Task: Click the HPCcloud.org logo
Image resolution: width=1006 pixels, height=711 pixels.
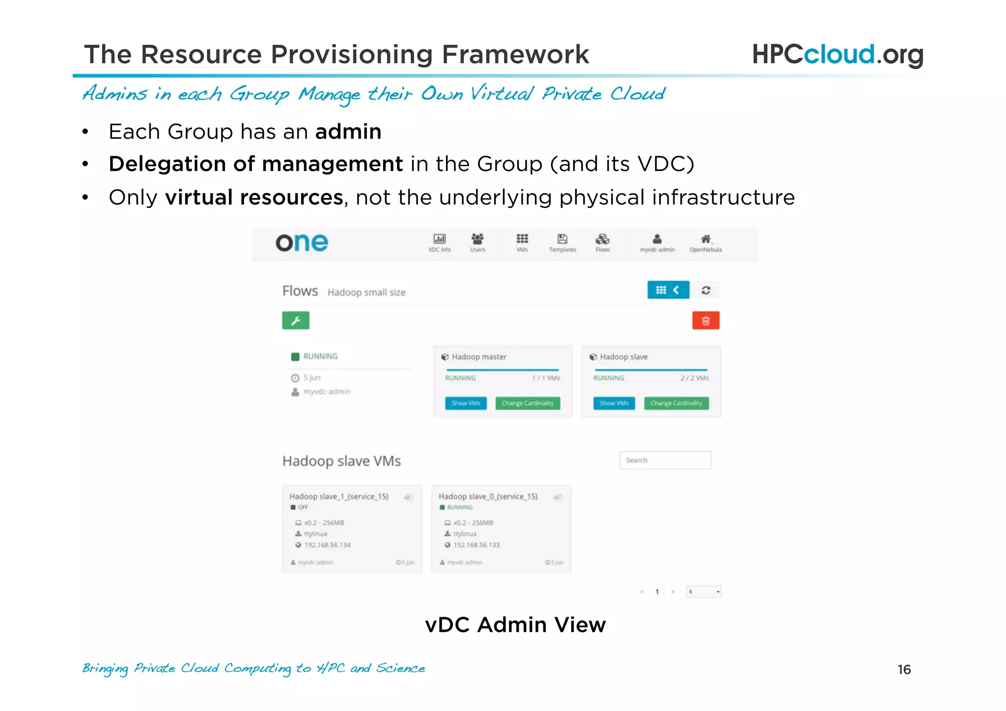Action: pos(837,54)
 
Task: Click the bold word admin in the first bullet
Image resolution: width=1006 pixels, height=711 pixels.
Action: pos(348,132)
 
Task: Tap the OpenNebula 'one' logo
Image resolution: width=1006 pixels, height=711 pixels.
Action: pos(302,243)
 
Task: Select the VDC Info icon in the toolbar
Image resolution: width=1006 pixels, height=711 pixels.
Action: pos(439,239)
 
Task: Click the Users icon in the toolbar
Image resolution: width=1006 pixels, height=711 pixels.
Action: pos(477,239)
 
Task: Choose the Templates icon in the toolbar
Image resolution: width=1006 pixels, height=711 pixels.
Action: pos(562,239)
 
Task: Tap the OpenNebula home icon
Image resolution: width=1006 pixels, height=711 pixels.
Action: pos(705,239)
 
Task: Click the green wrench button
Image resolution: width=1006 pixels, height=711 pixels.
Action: pos(296,320)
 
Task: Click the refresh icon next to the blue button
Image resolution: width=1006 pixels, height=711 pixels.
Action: pos(706,290)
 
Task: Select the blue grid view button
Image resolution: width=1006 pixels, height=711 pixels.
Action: pos(668,290)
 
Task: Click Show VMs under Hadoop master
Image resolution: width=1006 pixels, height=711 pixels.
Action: pos(466,403)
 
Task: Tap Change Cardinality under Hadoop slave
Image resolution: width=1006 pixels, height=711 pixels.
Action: pos(676,403)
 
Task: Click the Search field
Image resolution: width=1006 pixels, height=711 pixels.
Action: pos(665,460)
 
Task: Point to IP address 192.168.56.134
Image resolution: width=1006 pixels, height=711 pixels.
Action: pos(327,545)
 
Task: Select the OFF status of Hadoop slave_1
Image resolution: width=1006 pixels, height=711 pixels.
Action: pos(303,508)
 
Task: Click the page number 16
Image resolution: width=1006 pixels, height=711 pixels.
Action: pos(904,670)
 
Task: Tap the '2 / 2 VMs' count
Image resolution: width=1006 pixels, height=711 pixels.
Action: pos(694,378)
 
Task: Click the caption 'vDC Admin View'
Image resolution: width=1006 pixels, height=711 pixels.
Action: pos(515,625)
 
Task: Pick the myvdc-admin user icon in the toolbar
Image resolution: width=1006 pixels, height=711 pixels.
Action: pos(657,239)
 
